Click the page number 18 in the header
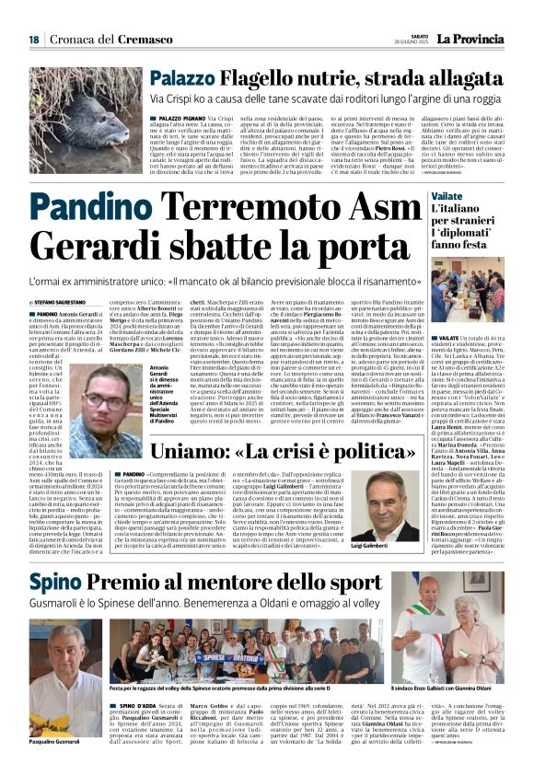pos(33,40)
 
